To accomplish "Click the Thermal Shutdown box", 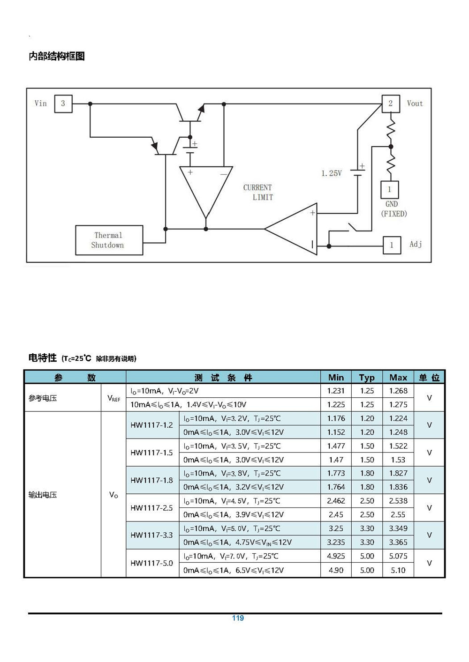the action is tap(109, 240).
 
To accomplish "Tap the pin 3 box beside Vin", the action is tap(63, 104).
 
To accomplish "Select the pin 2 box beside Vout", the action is tap(391, 104).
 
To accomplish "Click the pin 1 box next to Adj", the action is tap(392, 245).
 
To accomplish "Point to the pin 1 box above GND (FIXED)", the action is tap(390, 190).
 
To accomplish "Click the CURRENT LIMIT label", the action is tap(258, 193).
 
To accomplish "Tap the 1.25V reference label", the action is tap(332, 173).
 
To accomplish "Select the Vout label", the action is tap(415, 104).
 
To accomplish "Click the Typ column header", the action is tap(367, 378).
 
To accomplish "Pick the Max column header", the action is tap(398, 378).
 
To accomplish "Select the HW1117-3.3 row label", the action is tap(151, 535).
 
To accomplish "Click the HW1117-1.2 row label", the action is tap(151, 425).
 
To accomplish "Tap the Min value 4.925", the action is tap(336, 556).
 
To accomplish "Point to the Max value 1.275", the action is tap(398, 404).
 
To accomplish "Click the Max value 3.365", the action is tap(398, 543).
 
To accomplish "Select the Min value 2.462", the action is tap(336, 501).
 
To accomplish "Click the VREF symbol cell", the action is tap(113, 398).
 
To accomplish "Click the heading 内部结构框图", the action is tap(57, 56).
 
